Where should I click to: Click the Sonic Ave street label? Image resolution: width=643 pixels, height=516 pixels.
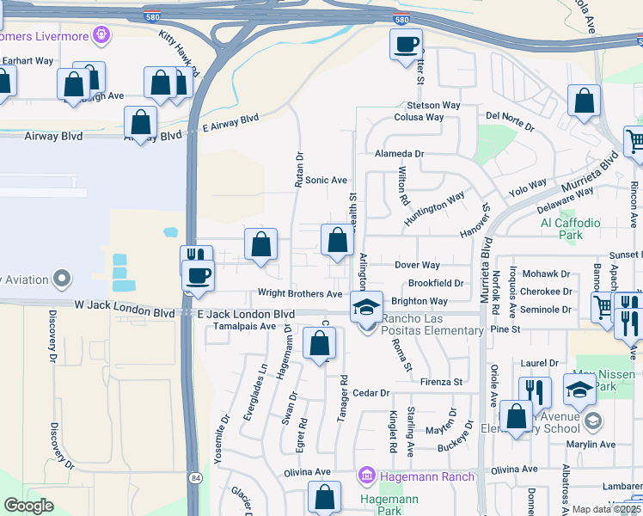326,180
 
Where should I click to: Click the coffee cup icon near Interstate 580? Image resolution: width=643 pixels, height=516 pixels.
406,44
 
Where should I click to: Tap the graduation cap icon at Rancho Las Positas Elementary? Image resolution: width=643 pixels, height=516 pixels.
366,307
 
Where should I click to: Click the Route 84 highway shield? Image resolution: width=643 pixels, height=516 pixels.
195,477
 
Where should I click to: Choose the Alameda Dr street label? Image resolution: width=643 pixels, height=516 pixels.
400,153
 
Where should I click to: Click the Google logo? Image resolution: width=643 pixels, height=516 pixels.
28,505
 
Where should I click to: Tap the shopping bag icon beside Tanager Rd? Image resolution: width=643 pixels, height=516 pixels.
320,344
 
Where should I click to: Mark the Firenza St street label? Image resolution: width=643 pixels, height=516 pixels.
442,381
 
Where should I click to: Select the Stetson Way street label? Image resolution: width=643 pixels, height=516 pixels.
427,105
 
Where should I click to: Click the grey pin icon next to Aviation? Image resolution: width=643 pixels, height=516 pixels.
61,279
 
